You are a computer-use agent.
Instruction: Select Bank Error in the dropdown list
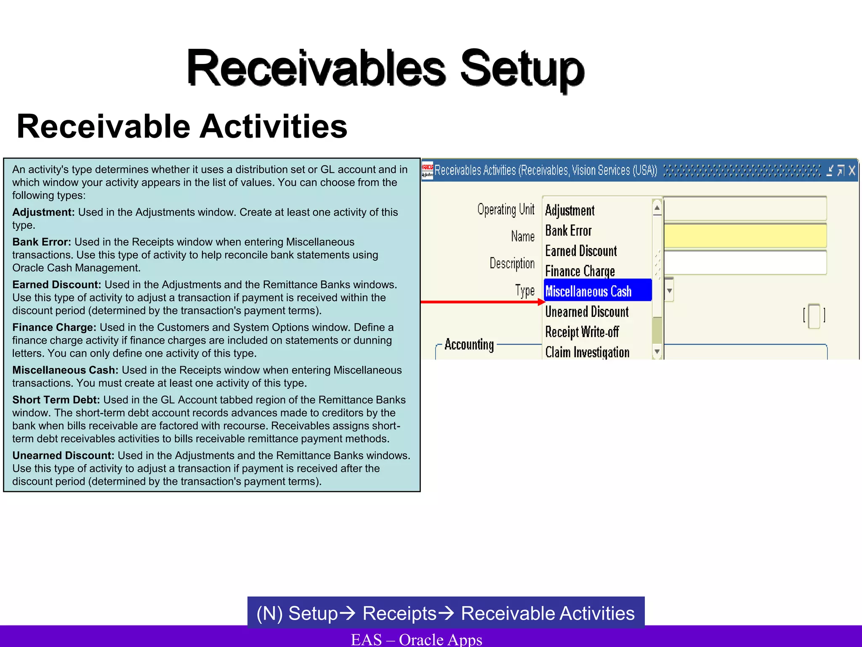(x=568, y=231)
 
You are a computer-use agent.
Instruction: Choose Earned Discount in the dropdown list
(x=581, y=251)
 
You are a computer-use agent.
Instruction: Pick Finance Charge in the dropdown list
(x=580, y=271)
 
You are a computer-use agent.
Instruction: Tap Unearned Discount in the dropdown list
(x=587, y=312)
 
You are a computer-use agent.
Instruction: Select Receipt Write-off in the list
(x=582, y=332)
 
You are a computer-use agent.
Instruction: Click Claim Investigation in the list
(x=587, y=352)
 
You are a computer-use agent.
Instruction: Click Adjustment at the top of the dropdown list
(x=570, y=210)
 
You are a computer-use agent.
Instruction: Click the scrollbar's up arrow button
(x=657, y=208)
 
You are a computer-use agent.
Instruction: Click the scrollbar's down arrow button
(x=657, y=351)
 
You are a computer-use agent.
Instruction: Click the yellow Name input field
(x=745, y=236)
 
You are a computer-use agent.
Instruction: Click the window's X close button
(x=852, y=170)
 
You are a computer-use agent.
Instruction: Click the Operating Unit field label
(x=505, y=209)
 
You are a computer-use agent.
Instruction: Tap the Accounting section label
(x=469, y=345)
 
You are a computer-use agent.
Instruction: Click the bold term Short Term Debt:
(x=56, y=400)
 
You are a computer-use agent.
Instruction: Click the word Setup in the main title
(x=522, y=68)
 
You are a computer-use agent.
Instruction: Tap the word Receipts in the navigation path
(x=399, y=613)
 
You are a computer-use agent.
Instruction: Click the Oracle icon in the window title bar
(x=427, y=170)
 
